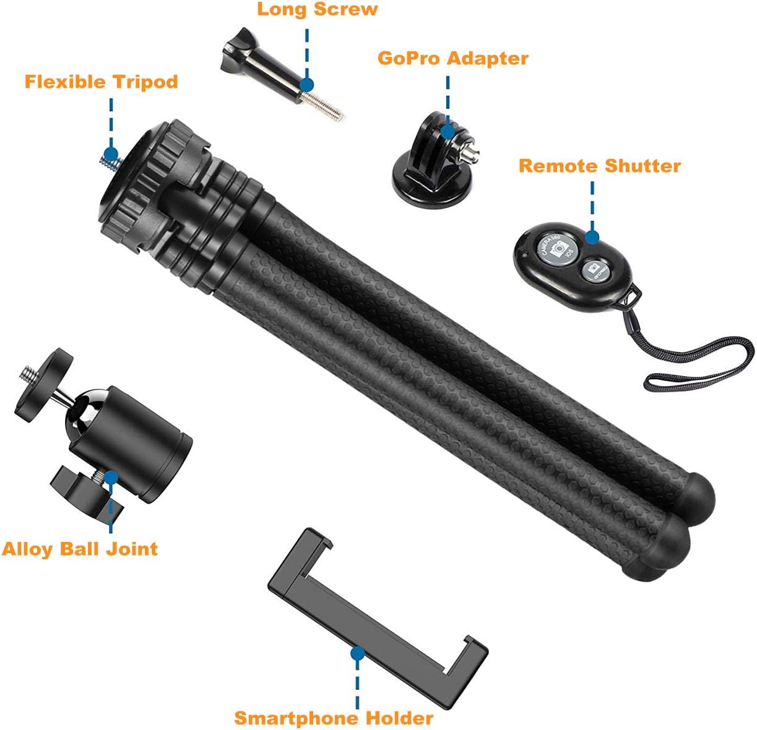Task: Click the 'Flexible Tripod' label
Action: pos(101,82)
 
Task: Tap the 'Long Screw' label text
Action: pos(317,9)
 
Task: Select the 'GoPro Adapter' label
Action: pos(452,58)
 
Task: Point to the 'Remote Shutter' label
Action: pos(599,166)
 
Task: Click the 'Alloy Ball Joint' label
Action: pos(80,549)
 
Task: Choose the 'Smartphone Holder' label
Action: pos(334,718)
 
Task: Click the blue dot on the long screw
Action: pos(306,84)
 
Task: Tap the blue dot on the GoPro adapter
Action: pos(448,130)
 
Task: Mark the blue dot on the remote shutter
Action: pos(592,237)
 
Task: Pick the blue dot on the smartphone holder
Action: pos(357,653)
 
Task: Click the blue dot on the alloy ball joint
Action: pos(111,477)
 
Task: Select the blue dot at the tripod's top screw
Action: pos(111,154)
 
